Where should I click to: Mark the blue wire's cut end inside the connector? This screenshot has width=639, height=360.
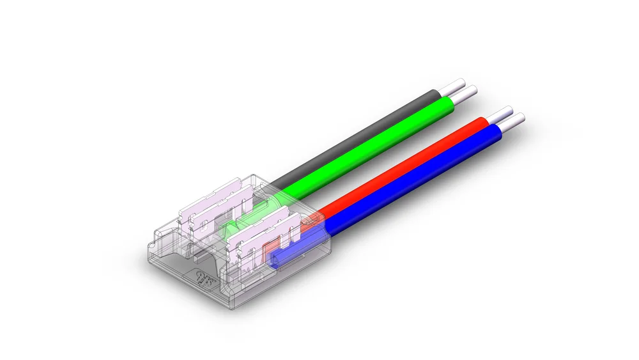coord(276,259)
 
